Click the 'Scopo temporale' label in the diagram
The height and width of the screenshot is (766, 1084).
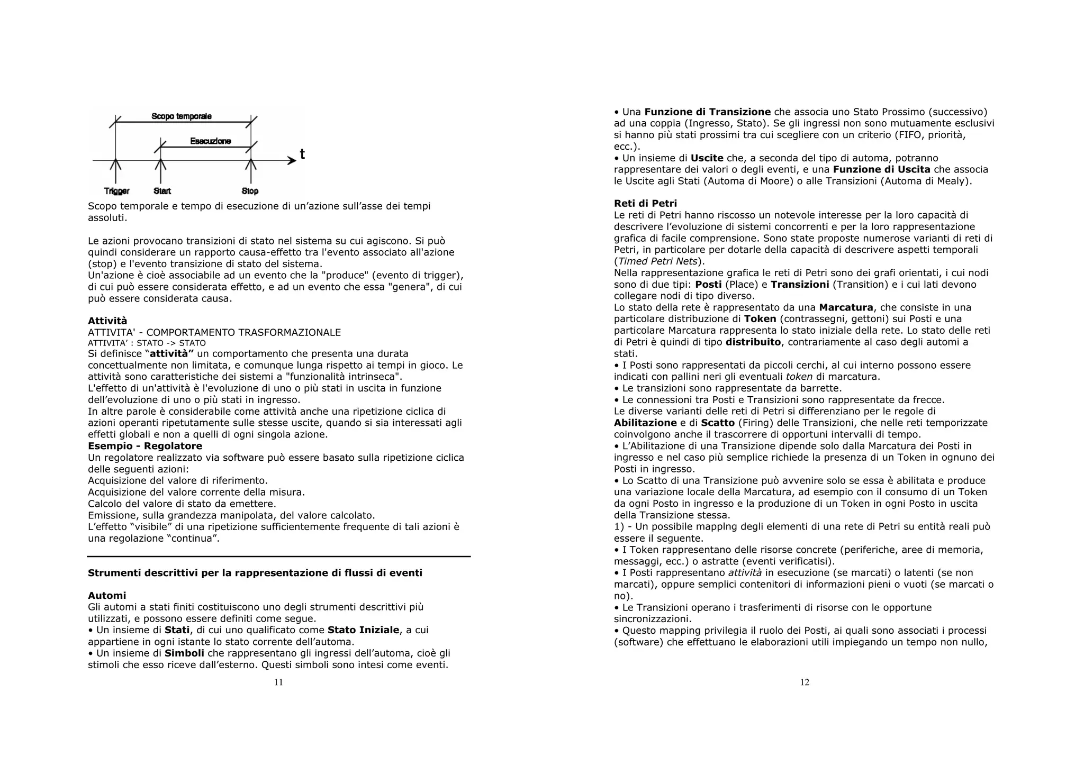pyautogui.click(x=181, y=116)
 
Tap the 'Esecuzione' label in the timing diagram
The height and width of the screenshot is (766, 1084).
pyautogui.click(x=210, y=141)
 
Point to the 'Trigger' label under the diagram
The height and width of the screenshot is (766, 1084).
pyautogui.click(x=116, y=191)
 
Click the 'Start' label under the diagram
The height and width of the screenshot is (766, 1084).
pyautogui.click(x=162, y=191)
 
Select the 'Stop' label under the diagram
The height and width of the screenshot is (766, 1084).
pyautogui.click(x=250, y=191)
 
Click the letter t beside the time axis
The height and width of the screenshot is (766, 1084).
pyautogui.click(x=302, y=154)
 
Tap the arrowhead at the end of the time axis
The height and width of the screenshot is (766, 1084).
pyautogui.click(x=292, y=160)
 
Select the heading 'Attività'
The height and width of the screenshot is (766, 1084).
pyautogui.click(x=107, y=321)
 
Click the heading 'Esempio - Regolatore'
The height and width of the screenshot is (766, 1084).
pyautogui.click(x=145, y=446)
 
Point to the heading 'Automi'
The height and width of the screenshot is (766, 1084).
pyautogui.click(x=107, y=596)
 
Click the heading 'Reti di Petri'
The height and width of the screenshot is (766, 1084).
pyautogui.click(x=645, y=203)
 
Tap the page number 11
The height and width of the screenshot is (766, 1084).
pyautogui.click(x=278, y=682)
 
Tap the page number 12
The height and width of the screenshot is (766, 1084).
pyautogui.click(x=805, y=682)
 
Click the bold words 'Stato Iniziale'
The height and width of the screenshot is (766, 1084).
pyautogui.click(x=363, y=630)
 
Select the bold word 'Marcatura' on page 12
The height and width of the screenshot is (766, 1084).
pyautogui.click(x=846, y=307)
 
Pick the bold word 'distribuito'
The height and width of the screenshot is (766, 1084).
pyautogui.click(x=753, y=342)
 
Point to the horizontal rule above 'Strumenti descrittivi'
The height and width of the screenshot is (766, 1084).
pyautogui.click(x=278, y=557)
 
